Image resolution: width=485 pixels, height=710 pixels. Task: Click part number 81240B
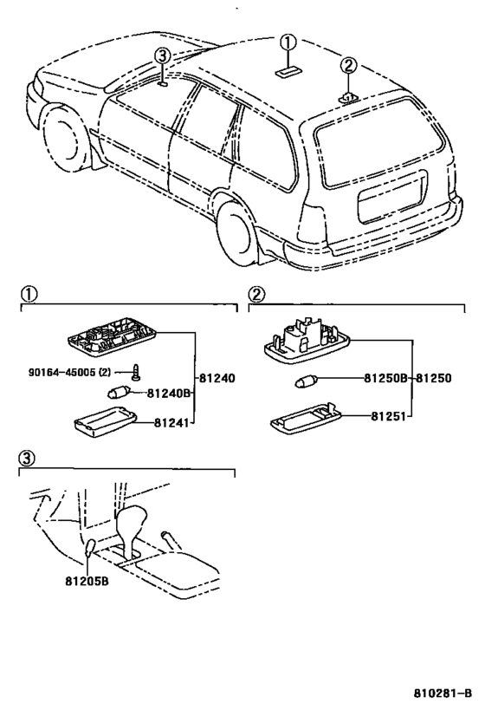(168, 394)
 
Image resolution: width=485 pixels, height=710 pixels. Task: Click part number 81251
(388, 415)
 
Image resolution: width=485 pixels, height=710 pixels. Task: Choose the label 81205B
(87, 581)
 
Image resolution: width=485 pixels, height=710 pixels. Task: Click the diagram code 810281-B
(443, 693)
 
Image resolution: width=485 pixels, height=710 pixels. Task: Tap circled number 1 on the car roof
(288, 43)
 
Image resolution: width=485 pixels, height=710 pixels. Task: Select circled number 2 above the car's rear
(348, 66)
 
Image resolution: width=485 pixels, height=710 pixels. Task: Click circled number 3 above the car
(163, 56)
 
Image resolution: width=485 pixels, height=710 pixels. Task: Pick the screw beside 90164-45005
(135, 371)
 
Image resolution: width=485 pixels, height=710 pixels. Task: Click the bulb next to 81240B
(119, 392)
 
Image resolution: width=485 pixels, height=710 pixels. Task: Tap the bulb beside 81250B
(306, 381)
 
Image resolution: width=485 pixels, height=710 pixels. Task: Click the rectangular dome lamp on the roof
(288, 72)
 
